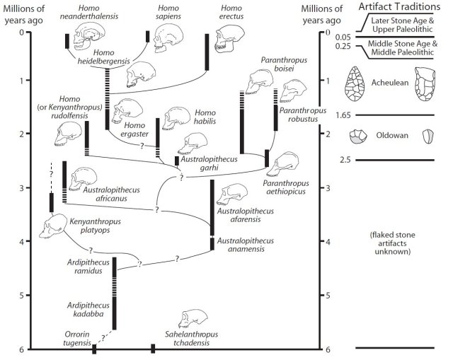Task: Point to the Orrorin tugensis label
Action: pyautogui.click(x=75, y=337)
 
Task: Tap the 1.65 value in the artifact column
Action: pyautogui.click(x=344, y=115)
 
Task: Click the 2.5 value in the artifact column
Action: pyautogui.click(x=345, y=161)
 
